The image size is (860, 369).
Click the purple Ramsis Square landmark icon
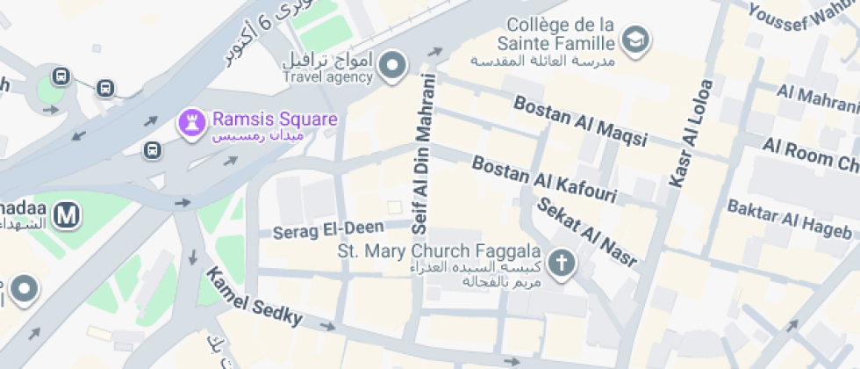pos(189,123)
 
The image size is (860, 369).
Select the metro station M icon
pos(66,214)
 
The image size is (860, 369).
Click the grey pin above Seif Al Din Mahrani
pos(394,64)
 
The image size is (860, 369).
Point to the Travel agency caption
pos(327,77)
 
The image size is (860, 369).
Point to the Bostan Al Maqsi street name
pos(580,120)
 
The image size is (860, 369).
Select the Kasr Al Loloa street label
pos(692,132)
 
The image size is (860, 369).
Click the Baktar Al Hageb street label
pos(789,219)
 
